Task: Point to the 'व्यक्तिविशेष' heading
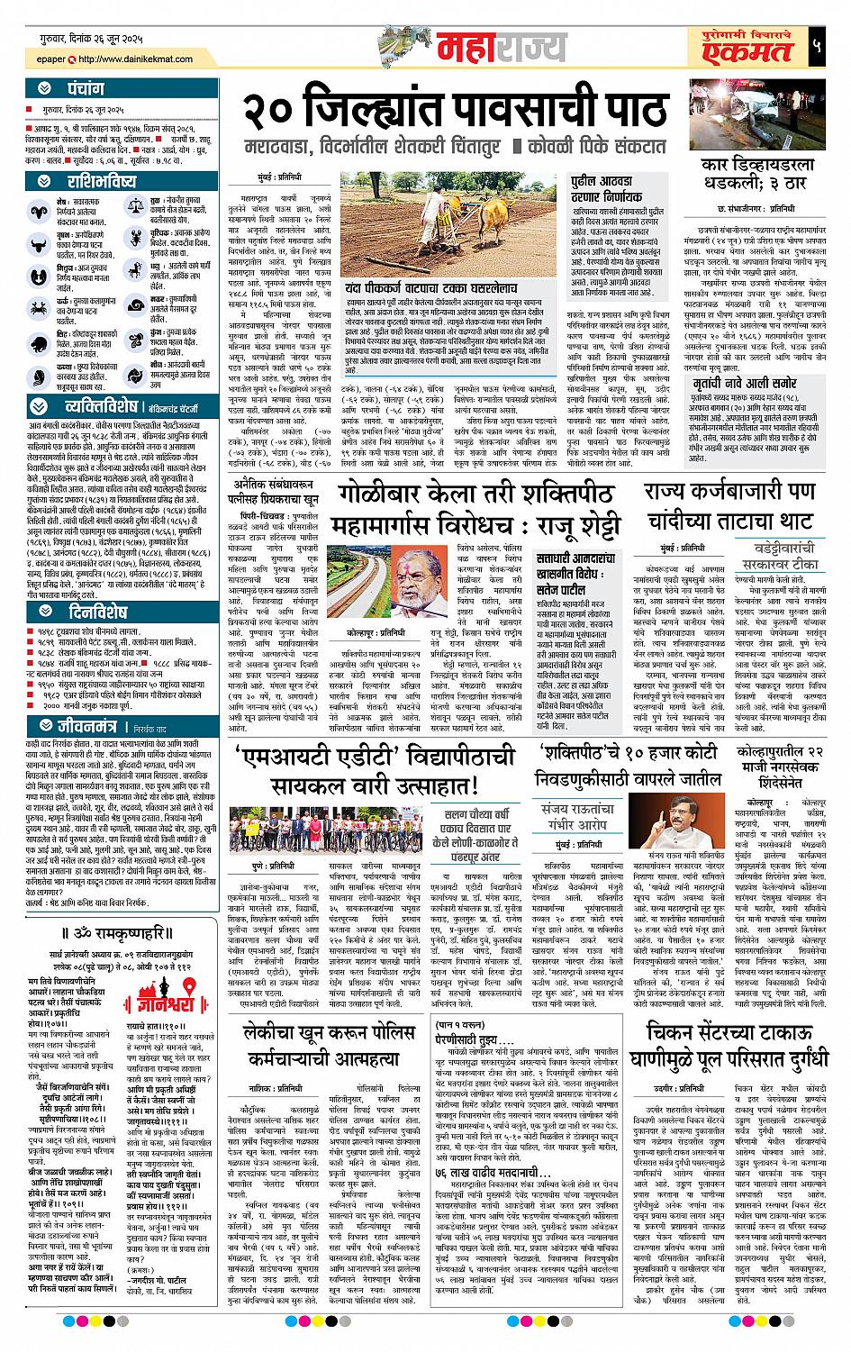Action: pyautogui.click(x=98, y=405)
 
